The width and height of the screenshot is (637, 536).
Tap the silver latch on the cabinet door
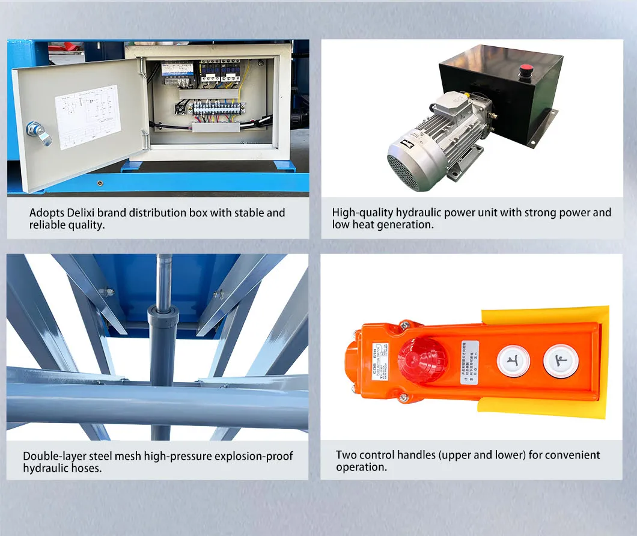[x=37, y=133]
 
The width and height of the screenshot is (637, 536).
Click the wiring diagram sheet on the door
[x=87, y=117]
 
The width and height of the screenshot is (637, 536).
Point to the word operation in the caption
[x=359, y=467]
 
